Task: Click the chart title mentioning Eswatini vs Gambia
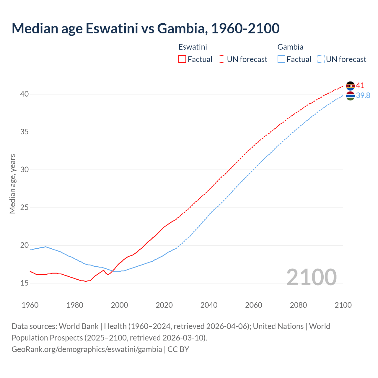pos(145,28)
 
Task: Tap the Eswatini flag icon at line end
pos(350,86)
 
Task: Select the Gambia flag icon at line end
pos(350,96)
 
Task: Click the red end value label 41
pos(360,86)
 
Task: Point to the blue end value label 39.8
pos(363,95)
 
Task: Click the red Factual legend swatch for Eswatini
pos(182,59)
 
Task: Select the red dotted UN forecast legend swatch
pos(221,59)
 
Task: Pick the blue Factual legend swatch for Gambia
pos(281,59)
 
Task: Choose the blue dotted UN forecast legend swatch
pos(320,59)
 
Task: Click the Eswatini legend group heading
pos(193,47)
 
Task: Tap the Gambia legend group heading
pos(290,47)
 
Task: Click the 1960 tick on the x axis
pos(30,305)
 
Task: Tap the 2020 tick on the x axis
pos(164,305)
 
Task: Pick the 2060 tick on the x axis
pos(254,305)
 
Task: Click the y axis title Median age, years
pos(12,184)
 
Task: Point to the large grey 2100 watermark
pos(312,277)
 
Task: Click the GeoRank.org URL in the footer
pos(87,349)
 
